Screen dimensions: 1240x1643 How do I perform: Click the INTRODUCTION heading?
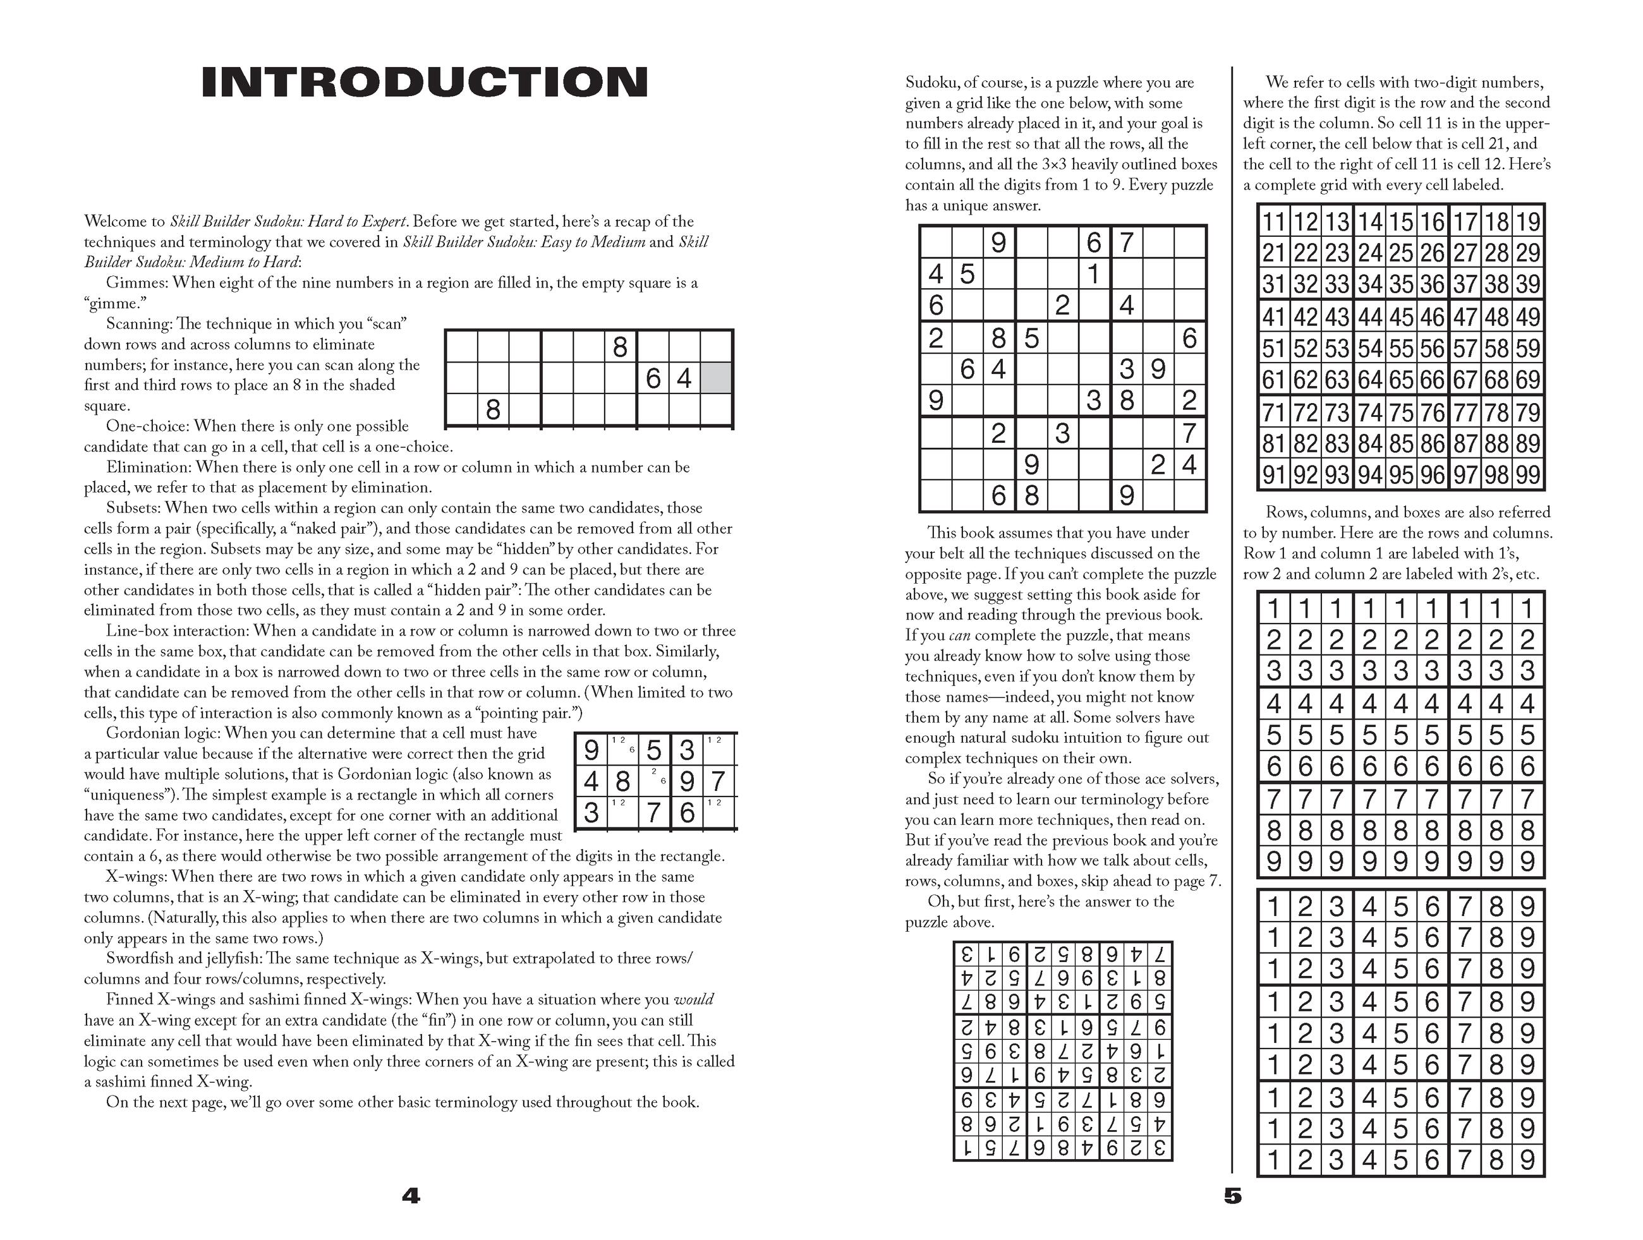pos(424,82)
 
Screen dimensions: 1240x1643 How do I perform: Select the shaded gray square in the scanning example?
pos(716,378)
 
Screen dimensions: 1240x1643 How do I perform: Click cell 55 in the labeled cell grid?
pos(1401,349)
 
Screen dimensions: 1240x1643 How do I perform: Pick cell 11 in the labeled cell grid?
pos(1274,222)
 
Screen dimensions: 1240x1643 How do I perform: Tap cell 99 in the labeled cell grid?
pos(1528,475)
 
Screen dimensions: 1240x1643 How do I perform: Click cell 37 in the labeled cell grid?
pos(1465,284)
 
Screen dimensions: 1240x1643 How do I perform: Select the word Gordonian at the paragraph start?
pos(142,733)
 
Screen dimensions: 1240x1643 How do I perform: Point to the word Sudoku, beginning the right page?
pos(931,82)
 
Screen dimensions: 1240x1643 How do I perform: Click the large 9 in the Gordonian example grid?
pos(592,750)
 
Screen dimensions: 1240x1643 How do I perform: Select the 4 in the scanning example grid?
pos(684,378)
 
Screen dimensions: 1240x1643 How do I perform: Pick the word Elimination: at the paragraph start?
pos(149,467)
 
